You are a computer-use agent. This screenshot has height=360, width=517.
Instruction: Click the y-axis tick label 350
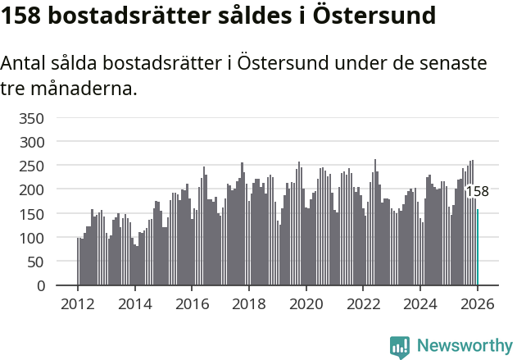(x=30, y=118)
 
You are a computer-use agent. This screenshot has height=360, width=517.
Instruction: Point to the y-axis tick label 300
(x=30, y=142)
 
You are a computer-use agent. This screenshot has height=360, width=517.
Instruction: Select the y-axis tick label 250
(x=30, y=166)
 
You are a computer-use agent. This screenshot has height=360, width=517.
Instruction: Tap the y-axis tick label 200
(x=30, y=189)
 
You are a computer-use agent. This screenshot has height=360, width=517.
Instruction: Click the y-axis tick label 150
(x=30, y=214)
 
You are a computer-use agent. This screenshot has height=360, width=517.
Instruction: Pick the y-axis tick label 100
(x=30, y=238)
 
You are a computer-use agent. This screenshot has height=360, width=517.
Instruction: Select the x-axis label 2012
(x=78, y=303)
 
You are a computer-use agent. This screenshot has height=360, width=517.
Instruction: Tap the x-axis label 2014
(x=135, y=303)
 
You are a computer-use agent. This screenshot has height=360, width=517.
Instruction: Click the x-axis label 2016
(x=192, y=303)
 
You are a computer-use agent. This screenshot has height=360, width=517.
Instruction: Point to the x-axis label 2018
(x=249, y=303)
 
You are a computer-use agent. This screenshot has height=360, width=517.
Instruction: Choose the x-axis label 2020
(x=306, y=303)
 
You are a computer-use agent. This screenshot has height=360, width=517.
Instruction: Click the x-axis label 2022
(x=363, y=303)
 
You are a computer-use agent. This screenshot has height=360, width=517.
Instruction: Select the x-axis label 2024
(x=419, y=303)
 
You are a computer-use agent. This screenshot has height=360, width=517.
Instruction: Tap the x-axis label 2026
(x=477, y=303)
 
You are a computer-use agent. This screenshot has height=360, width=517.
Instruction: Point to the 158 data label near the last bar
(x=477, y=192)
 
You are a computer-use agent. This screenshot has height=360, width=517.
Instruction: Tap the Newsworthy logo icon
(x=399, y=347)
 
